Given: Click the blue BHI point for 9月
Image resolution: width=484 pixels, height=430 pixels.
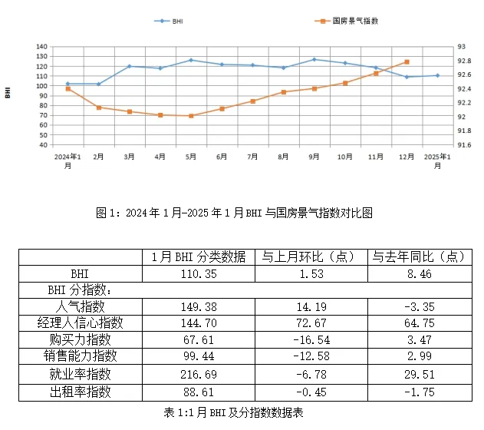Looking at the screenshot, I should tap(314, 59).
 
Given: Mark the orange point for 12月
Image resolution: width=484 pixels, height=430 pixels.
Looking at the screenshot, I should tap(407, 62).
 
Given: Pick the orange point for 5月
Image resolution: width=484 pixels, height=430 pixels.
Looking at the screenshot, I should tap(191, 116).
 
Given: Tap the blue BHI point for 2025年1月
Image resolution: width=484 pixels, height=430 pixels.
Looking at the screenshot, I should tap(437, 75).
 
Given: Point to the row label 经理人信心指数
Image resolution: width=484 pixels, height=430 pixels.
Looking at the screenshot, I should tap(80, 323).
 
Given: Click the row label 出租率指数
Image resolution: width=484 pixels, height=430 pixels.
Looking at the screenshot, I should tap(80, 391).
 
